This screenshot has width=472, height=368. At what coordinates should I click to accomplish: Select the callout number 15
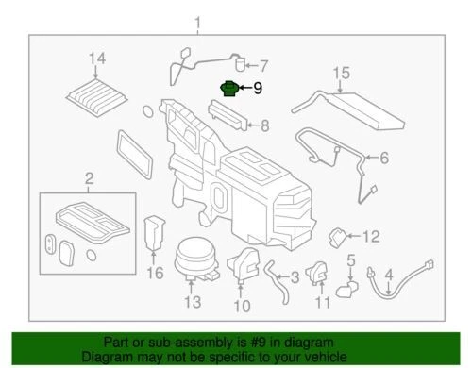[342, 72]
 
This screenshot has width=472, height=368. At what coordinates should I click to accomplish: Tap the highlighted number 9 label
[258, 91]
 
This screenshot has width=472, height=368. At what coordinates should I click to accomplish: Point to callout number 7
[264, 66]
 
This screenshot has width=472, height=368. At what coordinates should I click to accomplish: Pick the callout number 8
[265, 124]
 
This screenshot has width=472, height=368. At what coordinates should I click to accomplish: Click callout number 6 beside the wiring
[384, 159]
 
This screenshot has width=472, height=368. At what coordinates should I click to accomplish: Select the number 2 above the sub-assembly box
[90, 179]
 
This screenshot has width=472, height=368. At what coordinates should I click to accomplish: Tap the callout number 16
[156, 274]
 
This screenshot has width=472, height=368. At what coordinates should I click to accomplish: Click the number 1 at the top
[197, 21]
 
